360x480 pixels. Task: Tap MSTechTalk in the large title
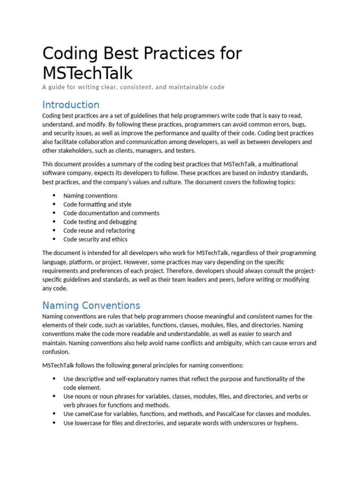(88, 73)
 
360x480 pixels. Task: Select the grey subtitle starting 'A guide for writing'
(134, 87)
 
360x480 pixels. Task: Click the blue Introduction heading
(71, 105)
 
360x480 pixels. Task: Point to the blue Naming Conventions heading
(91, 305)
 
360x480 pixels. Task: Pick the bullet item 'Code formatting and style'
(97, 204)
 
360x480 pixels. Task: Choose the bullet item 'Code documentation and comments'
(111, 213)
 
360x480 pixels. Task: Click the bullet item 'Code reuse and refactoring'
(99, 230)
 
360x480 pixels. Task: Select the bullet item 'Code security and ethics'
(95, 239)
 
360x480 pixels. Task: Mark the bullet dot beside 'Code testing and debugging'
(54, 222)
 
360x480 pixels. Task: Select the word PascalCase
(241, 414)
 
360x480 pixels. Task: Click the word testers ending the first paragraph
(185, 150)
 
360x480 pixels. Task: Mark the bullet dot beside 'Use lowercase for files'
(54, 423)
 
